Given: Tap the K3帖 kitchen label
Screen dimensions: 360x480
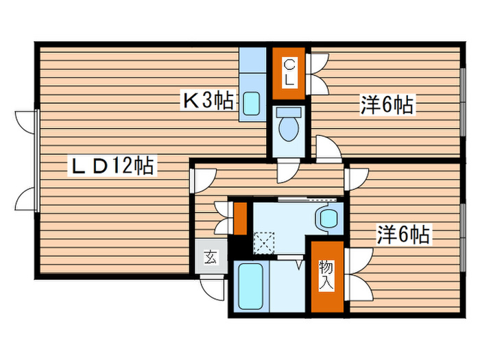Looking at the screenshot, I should click(206, 101).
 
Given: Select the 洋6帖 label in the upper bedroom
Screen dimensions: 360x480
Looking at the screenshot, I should click(386, 105).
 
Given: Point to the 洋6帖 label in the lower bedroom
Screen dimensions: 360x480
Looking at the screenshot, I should click(403, 235).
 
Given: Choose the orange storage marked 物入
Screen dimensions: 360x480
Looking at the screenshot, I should click(326, 275).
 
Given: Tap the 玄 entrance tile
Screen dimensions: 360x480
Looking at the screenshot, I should click(210, 259).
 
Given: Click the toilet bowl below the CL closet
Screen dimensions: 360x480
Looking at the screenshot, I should click(289, 128).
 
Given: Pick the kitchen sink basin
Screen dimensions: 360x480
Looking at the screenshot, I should click(251, 104).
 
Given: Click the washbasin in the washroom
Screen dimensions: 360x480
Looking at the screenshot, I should click(326, 219).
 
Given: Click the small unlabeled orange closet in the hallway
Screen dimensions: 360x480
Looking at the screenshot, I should click(240, 217).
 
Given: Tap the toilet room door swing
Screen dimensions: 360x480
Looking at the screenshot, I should click(288, 171).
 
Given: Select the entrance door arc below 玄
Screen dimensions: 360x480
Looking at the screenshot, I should click(217, 288).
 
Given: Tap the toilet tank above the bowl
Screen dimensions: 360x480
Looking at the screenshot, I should click(289, 112).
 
